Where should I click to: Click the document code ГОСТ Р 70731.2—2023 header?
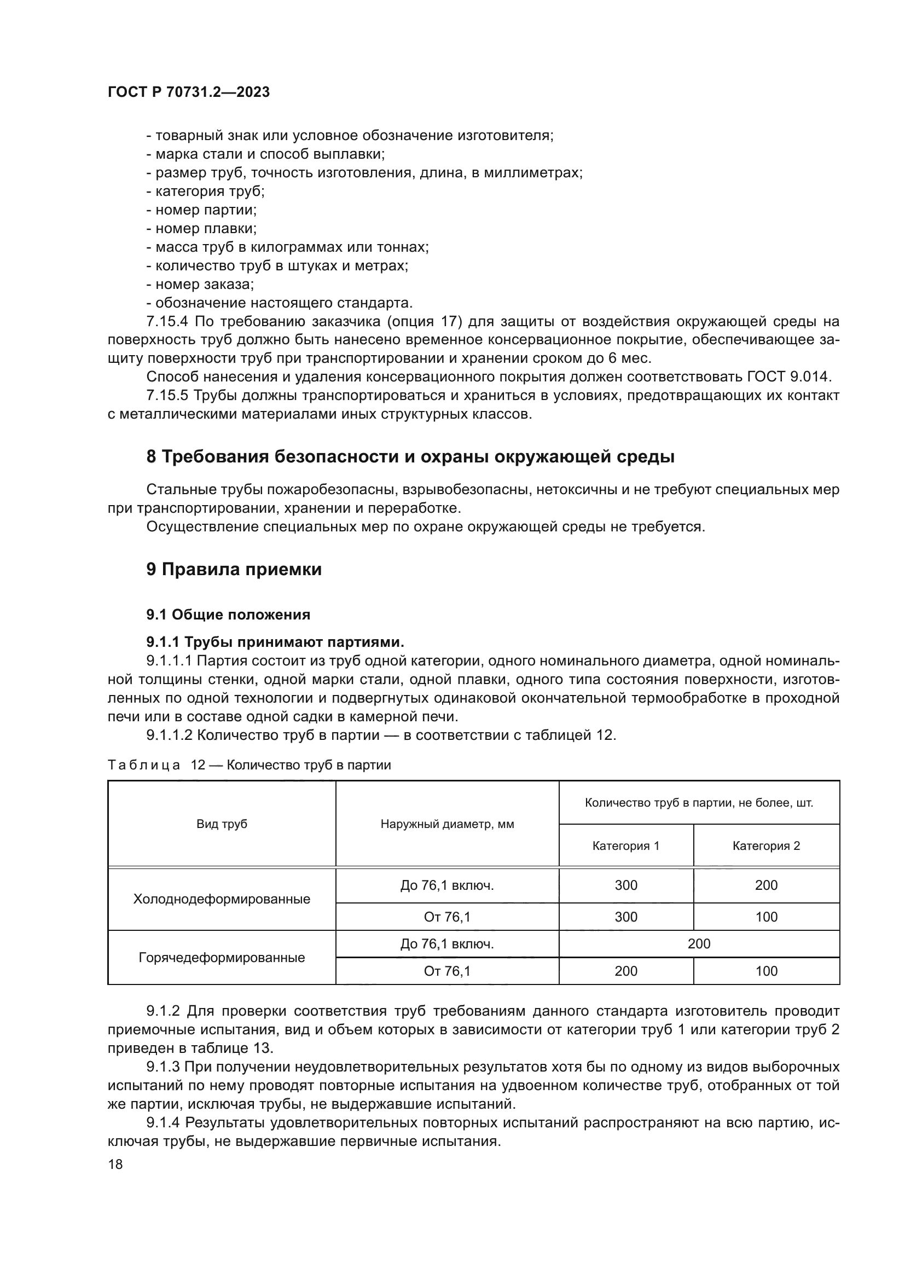188,92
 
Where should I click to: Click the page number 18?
115,1165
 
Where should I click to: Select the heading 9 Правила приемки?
234,570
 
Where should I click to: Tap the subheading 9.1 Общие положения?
228,615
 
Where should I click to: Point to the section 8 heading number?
151,456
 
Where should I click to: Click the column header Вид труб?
221,824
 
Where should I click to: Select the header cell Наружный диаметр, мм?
447,824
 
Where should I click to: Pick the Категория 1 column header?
625,845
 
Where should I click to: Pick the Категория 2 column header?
765,845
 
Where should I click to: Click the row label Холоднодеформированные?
221,899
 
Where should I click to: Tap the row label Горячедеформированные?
221,958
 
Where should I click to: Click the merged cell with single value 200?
699,944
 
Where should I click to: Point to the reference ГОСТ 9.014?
788,377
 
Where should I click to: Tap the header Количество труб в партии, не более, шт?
699,803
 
